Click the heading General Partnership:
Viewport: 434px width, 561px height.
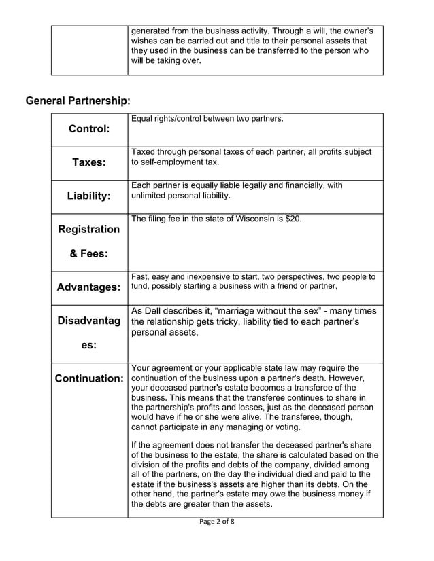click(78, 101)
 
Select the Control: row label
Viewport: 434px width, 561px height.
click(89, 129)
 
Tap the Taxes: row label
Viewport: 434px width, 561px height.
click(89, 162)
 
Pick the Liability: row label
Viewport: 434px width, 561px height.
click(89, 196)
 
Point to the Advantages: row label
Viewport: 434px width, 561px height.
click(89, 287)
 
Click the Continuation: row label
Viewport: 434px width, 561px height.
click(89, 378)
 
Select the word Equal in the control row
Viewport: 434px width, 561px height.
click(141, 120)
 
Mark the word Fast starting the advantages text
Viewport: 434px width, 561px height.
click(139, 276)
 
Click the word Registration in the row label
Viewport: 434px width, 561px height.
click(89, 230)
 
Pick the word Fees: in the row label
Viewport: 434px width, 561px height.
click(89, 254)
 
